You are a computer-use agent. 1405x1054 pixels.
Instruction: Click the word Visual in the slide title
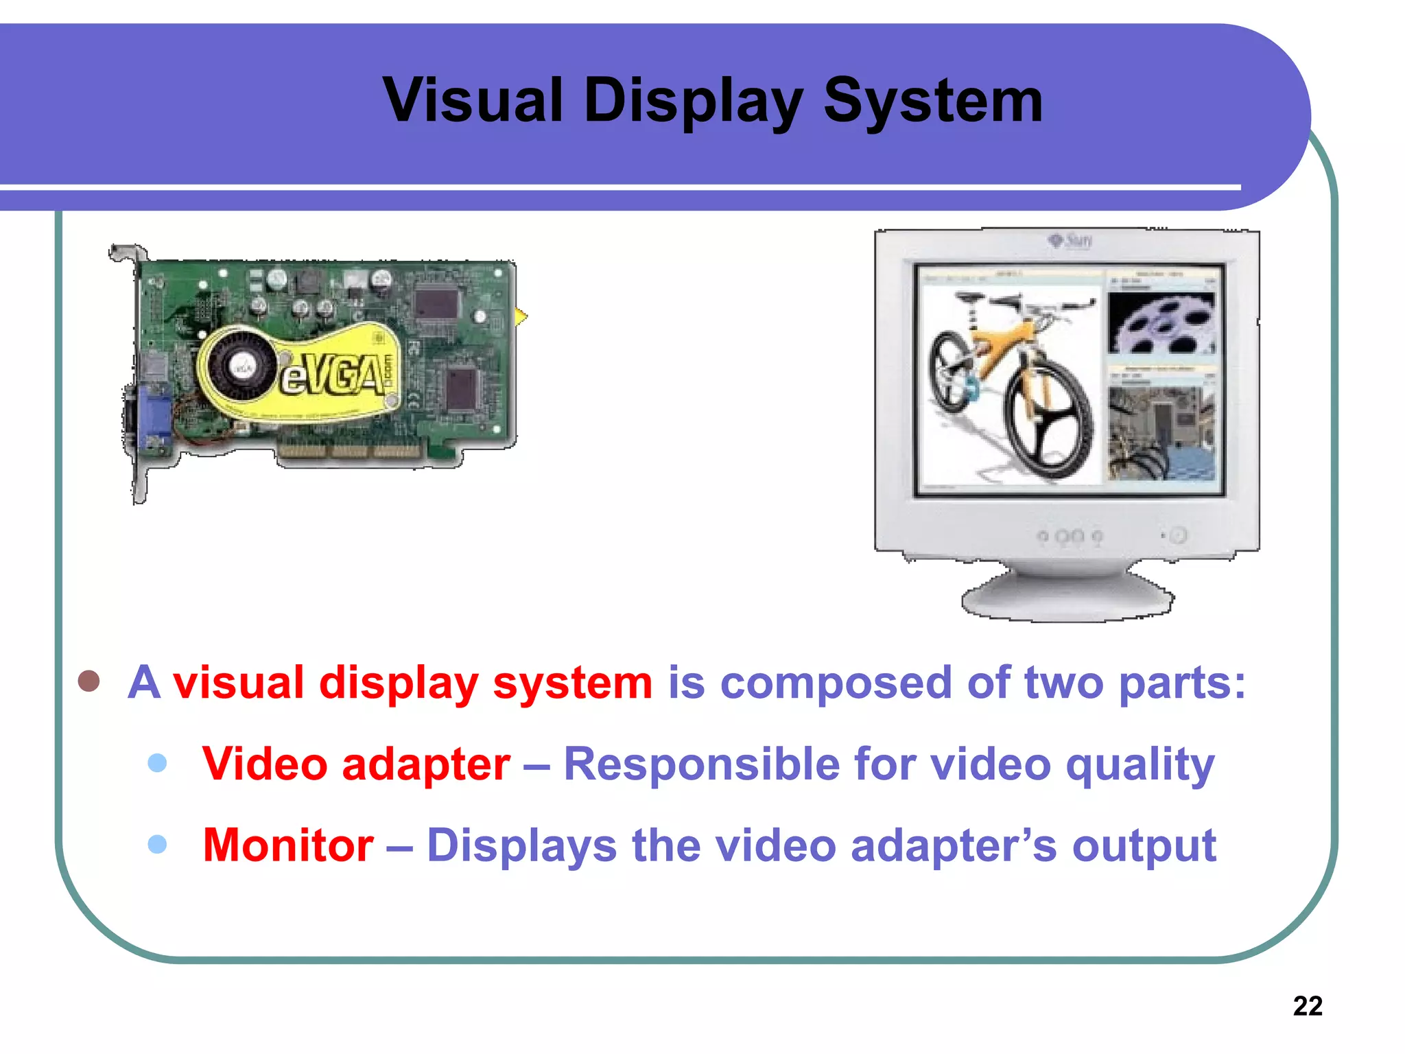(473, 101)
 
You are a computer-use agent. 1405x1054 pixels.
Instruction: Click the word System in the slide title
(932, 101)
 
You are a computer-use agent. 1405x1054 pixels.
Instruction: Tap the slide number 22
(1307, 1006)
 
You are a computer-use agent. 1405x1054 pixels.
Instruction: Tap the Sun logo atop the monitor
(1071, 240)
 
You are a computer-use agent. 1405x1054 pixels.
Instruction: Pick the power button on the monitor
(1178, 535)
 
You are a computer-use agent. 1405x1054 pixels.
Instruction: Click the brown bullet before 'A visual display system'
(89, 681)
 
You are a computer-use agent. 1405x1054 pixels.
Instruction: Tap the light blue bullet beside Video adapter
(157, 762)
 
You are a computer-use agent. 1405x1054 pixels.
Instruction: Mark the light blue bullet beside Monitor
(157, 843)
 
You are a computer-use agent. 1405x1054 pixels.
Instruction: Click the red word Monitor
(288, 845)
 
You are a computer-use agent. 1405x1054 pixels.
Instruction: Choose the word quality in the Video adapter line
(1140, 764)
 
